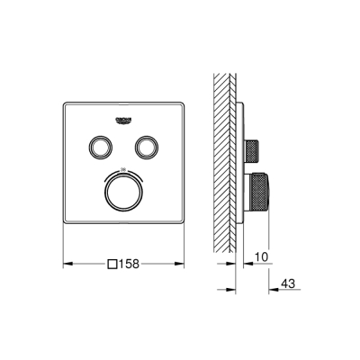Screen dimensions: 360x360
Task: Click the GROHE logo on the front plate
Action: click(x=123, y=119)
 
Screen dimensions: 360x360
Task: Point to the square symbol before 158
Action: click(x=112, y=264)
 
